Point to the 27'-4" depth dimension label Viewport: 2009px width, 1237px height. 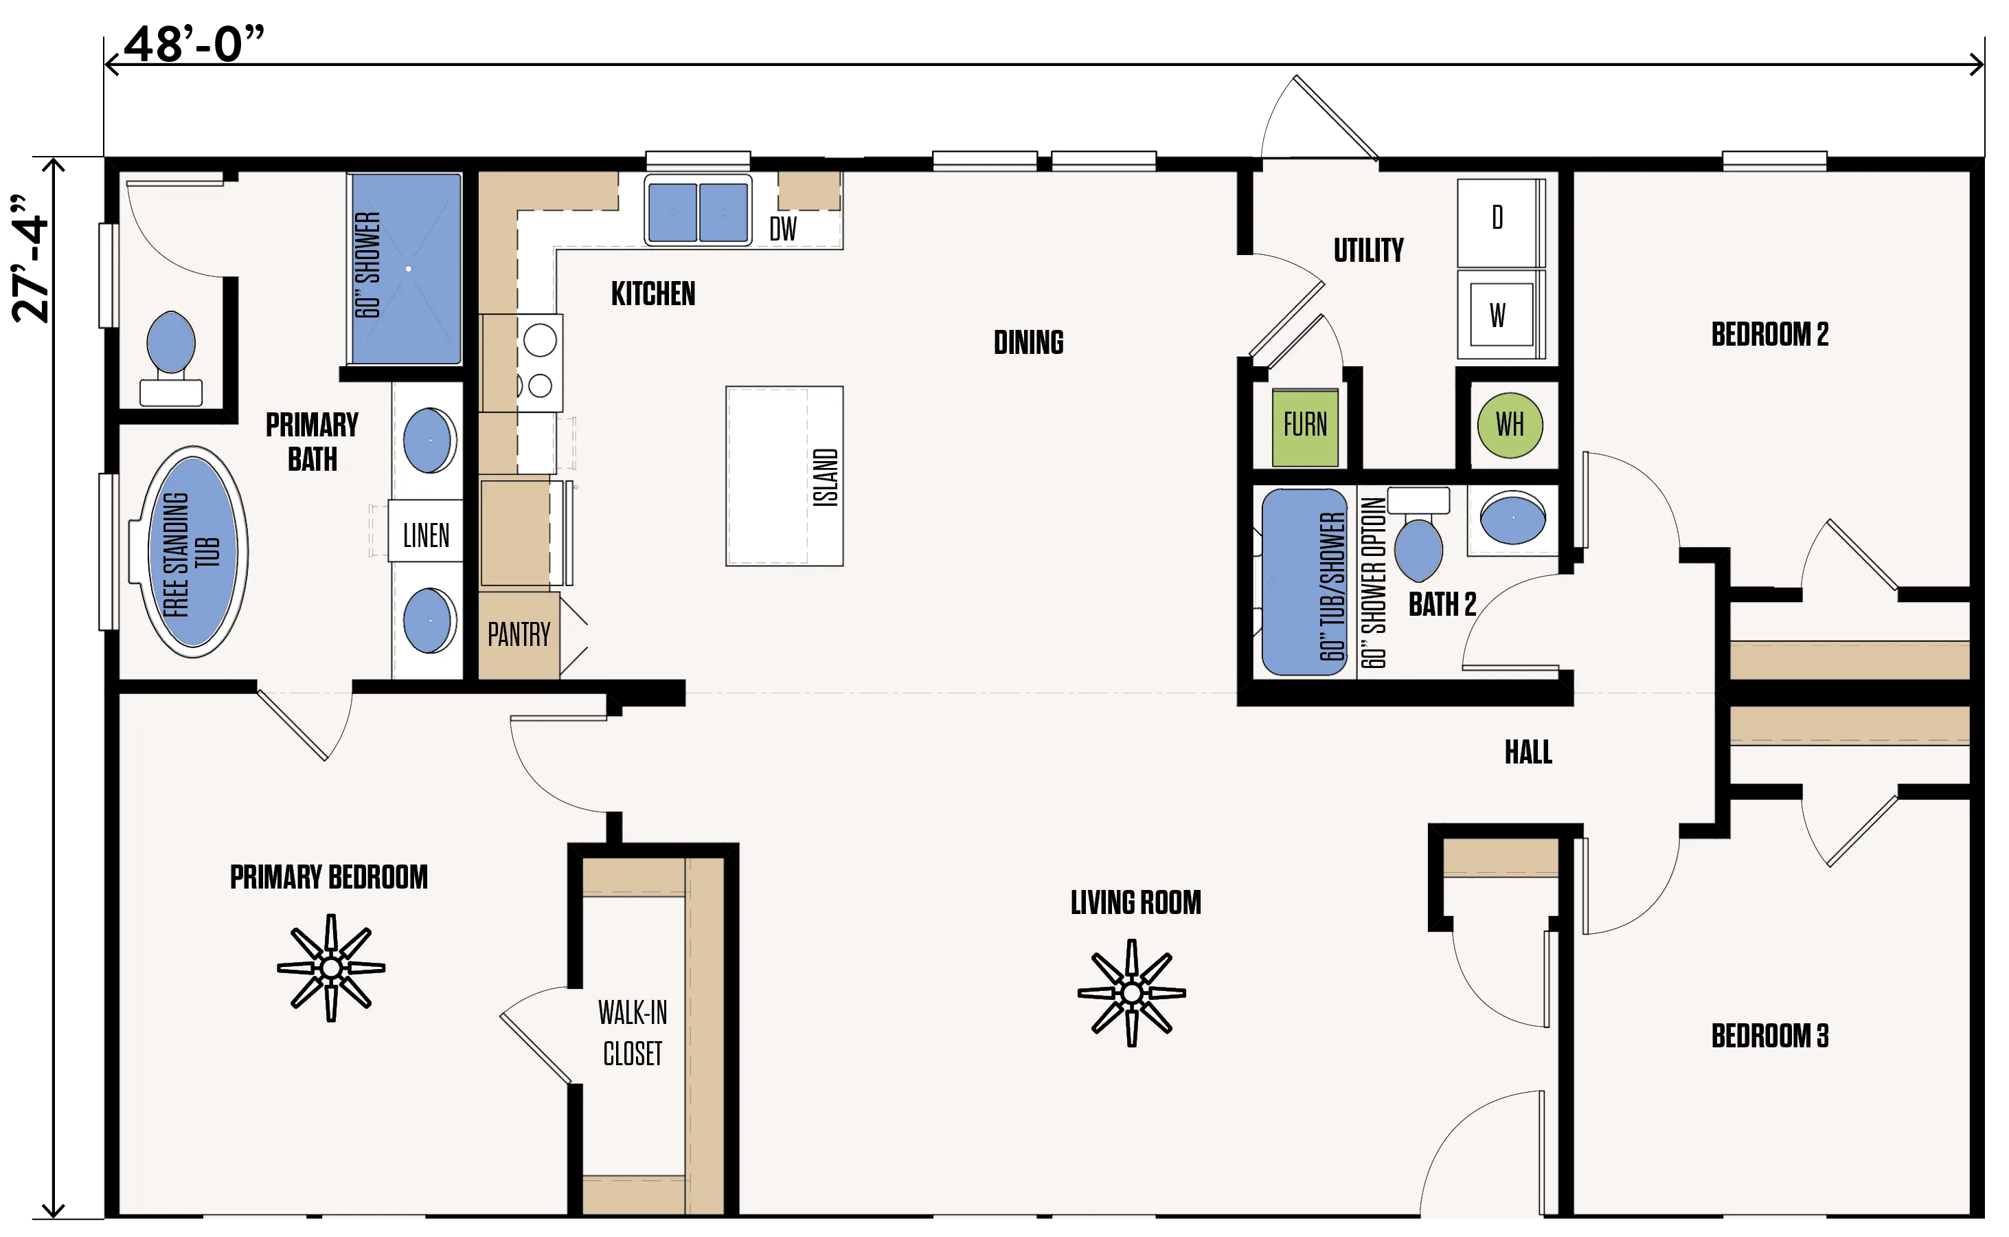[30, 259]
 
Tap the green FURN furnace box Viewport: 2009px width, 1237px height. [1305, 427]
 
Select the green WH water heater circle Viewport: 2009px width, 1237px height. [1510, 425]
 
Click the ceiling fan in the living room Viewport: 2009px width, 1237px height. [1132, 993]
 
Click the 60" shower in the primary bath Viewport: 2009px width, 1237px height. [405, 268]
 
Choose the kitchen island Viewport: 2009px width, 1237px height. [784, 476]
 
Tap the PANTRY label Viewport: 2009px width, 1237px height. [519, 635]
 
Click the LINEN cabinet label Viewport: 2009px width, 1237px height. [426, 536]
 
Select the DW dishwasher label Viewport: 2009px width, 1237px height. [782, 229]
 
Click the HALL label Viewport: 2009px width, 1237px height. [1528, 753]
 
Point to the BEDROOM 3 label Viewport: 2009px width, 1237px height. [1770, 1036]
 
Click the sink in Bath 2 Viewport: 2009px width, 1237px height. [1512, 518]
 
